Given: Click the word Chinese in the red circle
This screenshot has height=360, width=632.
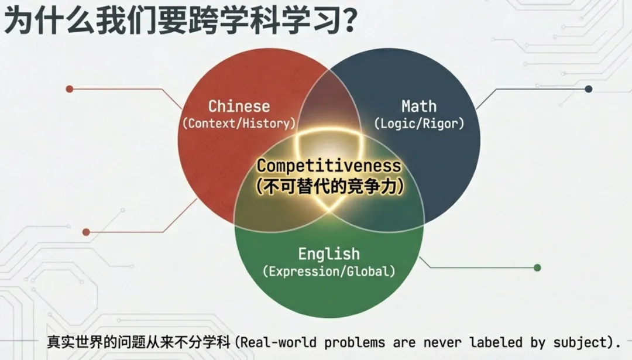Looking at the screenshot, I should click(239, 106).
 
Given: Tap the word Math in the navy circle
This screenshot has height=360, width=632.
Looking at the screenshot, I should click(418, 106).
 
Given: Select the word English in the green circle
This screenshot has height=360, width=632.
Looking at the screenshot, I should click(328, 254).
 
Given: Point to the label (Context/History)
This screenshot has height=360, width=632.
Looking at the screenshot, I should click(239, 124).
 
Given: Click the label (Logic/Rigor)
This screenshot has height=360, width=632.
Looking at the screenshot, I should click(418, 124).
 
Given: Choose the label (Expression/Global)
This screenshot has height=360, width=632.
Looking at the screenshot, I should click(328, 272).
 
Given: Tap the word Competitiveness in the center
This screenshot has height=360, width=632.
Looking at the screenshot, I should click(329, 166).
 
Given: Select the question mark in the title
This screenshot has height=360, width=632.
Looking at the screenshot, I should click(346, 21).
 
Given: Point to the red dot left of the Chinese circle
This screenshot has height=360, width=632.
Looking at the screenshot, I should click(70, 89).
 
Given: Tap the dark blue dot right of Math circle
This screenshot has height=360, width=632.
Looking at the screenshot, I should click(589, 89).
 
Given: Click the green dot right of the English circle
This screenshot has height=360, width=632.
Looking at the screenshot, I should click(537, 268).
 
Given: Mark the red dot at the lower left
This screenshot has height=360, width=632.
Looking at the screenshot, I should click(86, 232).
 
